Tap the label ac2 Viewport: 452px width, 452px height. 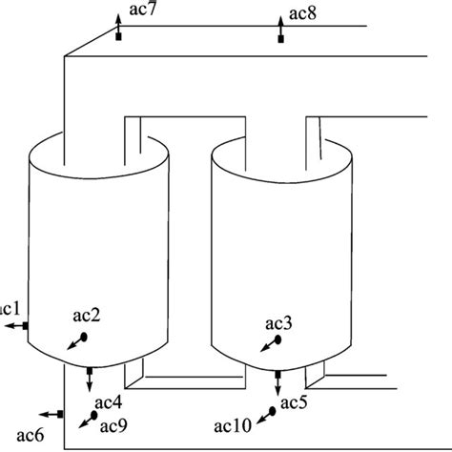85,314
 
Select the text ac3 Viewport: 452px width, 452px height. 279,323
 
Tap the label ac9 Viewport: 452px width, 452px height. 113,423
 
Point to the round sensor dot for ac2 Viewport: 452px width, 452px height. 83,337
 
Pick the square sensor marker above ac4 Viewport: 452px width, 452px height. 89,370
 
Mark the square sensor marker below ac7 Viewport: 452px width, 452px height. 119,37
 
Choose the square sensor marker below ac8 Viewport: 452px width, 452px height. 280,37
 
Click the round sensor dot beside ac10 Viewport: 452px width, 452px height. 273,411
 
